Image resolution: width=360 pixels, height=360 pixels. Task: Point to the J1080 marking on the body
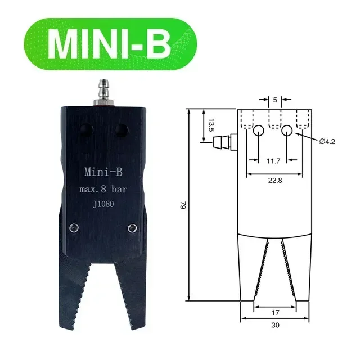(x=103, y=205)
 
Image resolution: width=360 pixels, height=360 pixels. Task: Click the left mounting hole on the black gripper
(x=85, y=130)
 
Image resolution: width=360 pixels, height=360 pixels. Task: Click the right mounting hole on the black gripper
(x=120, y=130)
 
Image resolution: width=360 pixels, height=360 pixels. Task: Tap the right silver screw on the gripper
(x=132, y=227)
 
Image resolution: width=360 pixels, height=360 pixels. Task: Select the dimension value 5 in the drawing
(x=274, y=100)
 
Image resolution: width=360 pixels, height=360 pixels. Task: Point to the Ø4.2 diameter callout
(x=327, y=141)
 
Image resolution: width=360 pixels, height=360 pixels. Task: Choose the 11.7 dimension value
(x=273, y=161)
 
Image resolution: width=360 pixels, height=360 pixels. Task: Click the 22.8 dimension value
(x=273, y=180)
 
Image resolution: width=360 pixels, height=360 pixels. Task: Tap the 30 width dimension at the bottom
(x=274, y=325)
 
